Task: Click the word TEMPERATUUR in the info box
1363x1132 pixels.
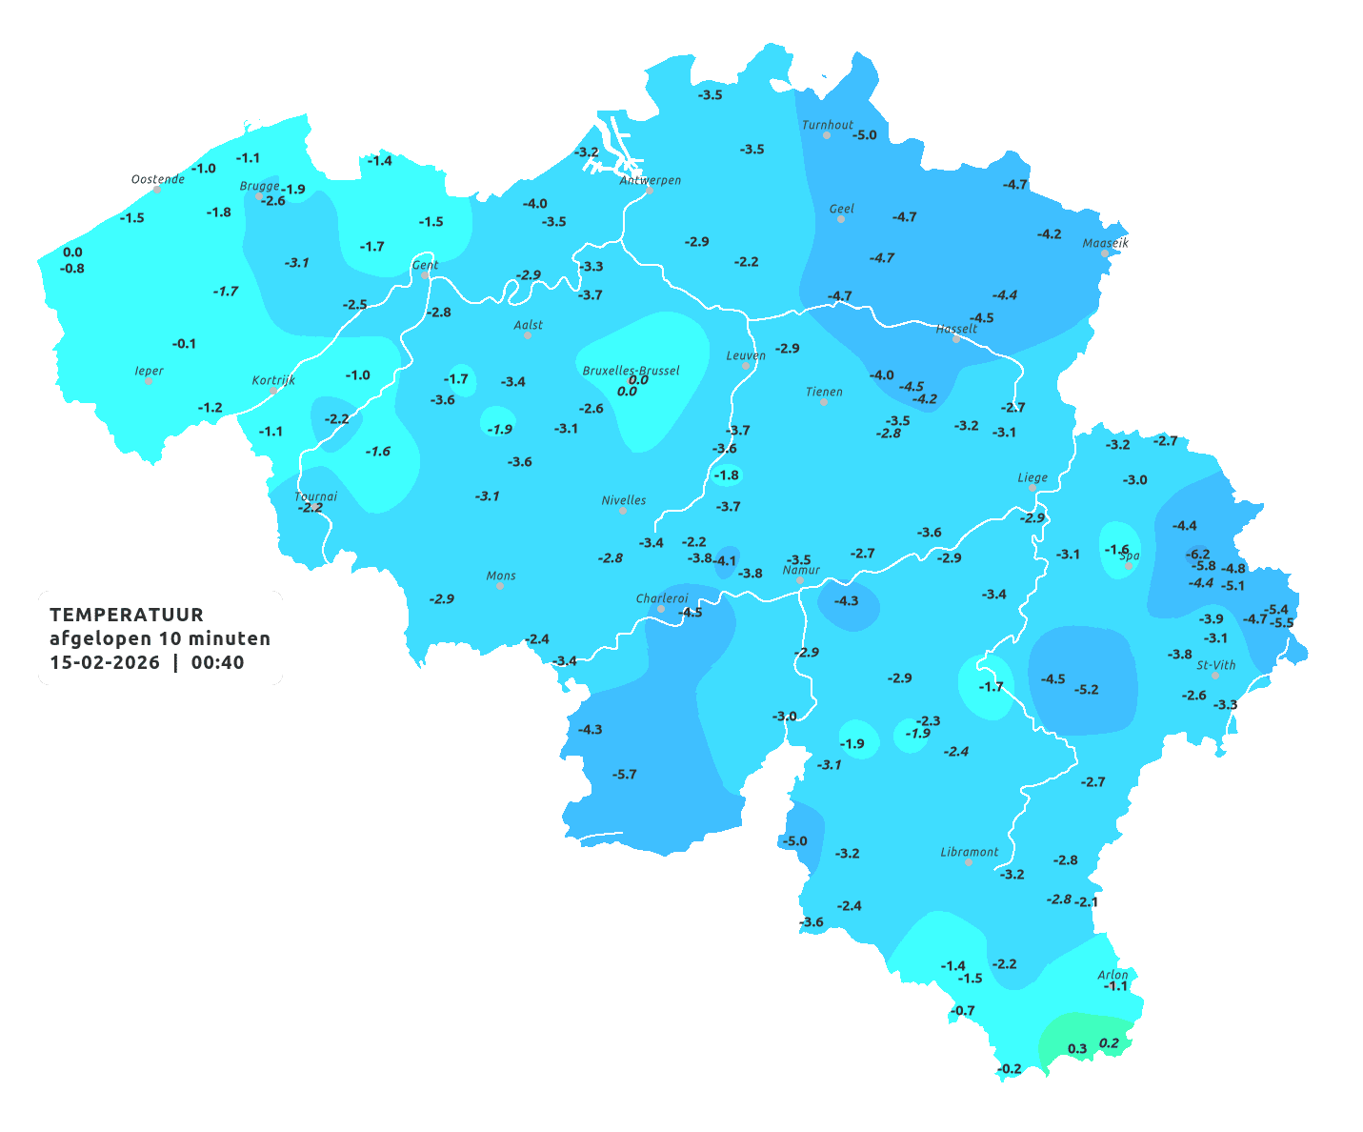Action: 127,615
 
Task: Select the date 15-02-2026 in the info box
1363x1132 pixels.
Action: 105,663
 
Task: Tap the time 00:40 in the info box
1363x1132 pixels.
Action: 218,663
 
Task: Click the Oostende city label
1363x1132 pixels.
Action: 157,179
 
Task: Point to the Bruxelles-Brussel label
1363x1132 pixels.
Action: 631,370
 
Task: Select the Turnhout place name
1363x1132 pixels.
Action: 828,125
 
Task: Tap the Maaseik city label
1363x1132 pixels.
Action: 1105,243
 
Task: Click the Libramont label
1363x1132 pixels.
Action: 969,852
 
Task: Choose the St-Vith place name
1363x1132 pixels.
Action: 1215,665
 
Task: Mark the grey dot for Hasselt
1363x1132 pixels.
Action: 956,339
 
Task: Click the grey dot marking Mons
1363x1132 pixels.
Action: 500,586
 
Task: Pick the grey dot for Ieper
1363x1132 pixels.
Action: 149,380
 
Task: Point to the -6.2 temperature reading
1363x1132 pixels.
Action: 1197,554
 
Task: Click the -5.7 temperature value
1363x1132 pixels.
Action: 625,774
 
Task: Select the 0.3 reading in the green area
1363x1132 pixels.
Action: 1077,1048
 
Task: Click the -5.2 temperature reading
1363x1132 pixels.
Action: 1086,689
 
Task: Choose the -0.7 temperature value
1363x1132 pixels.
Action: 964,1010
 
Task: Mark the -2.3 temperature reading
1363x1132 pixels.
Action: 928,720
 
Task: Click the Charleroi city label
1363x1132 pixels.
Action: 661,598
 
